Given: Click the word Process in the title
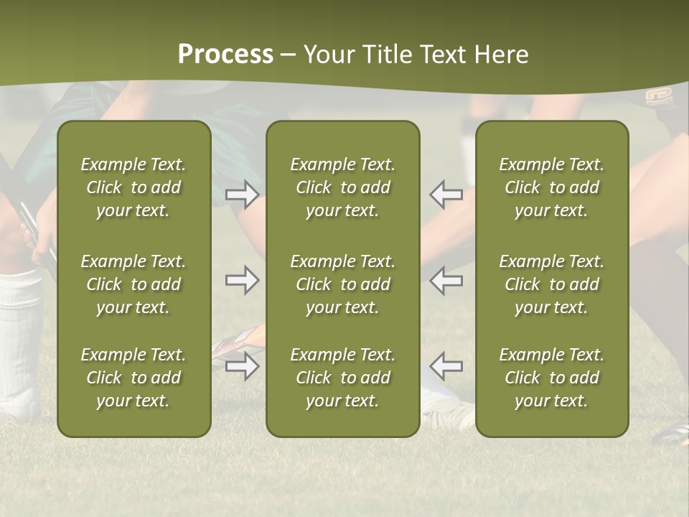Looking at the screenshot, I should pos(225,55).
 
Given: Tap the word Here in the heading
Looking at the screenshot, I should pos(502,55).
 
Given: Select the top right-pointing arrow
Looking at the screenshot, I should pos(242,195).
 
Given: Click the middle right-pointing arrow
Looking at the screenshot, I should pos(242,280).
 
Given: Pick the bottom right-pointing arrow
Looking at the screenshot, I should pos(242,366).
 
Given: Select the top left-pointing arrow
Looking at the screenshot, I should pos(446,195).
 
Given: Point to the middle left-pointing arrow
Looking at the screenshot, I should pos(446,280).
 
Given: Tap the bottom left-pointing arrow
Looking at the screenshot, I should pos(446,366).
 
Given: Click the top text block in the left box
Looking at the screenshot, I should pos(133,187).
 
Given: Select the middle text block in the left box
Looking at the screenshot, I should pos(133,284).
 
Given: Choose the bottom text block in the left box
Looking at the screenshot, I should pos(133,378).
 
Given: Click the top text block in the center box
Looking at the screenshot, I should pos(342,187).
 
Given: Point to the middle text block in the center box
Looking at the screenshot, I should pos(342,284).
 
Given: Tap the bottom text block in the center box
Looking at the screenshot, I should pos(342,378).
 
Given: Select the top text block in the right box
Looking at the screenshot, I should pos(551,187).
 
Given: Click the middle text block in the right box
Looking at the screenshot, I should pos(551,284).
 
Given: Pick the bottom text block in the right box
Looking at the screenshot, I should pos(551,378).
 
